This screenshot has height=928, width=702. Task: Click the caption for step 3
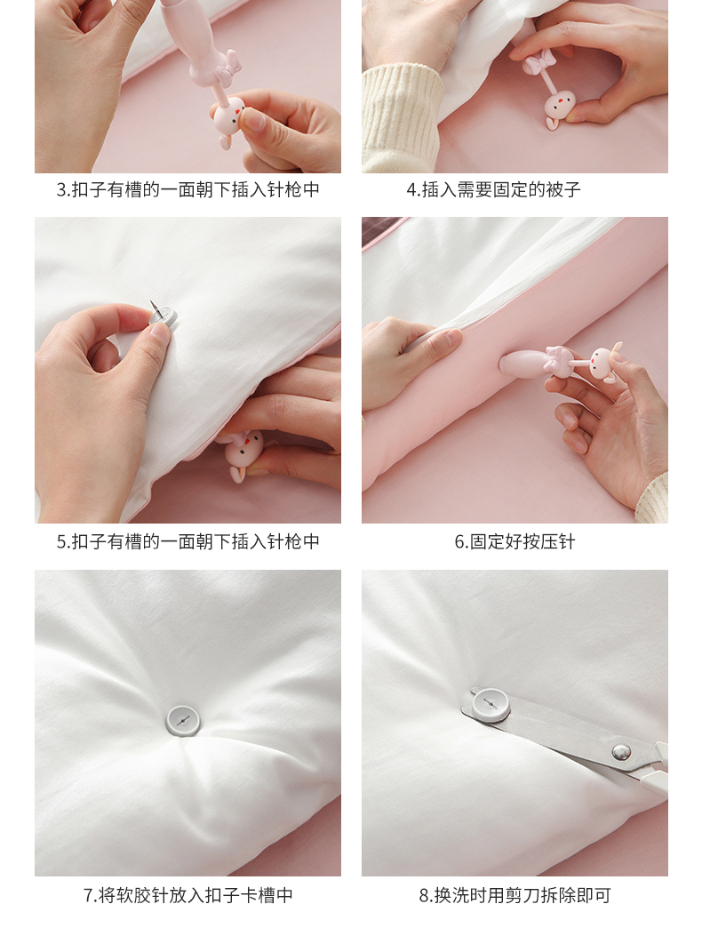pos(188,189)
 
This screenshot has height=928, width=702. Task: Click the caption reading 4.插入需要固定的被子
pos(493,189)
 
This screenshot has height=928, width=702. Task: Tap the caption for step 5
pos(188,541)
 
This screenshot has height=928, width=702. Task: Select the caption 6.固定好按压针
pos(515,541)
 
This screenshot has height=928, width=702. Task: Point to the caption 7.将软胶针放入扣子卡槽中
pos(188,895)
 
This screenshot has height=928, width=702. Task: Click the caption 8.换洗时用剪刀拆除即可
pos(515,895)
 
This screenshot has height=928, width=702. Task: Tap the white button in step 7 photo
pos(183,720)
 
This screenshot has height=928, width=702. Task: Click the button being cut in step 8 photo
pos(491,705)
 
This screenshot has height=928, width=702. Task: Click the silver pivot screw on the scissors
pos(620,752)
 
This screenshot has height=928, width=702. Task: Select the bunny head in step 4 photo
pos(560,107)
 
